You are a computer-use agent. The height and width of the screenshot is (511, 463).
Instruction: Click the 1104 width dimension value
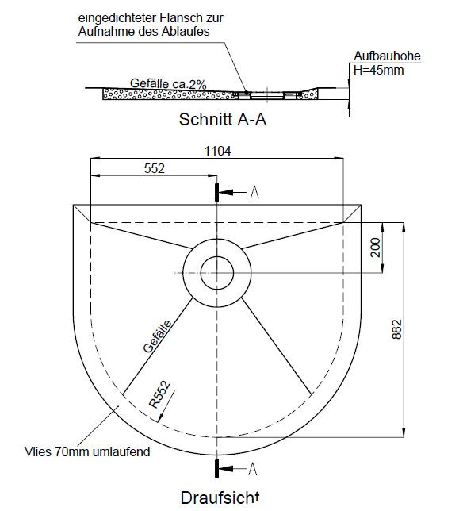pyautogui.click(x=217, y=151)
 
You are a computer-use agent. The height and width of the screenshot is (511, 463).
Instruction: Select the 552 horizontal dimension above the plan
pyautogui.click(x=155, y=168)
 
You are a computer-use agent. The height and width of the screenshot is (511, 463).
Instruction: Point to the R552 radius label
pyautogui.click(x=159, y=394)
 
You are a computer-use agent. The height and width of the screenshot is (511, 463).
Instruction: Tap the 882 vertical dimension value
pyautogui.click(x=396, y=329)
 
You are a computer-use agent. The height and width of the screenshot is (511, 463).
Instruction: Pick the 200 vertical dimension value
pyautogui.click(x=376, y=248)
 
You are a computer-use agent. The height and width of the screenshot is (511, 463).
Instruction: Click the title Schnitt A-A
pyautogui.click(x=223, y=119)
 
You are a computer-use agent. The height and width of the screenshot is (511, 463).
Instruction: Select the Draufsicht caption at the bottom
pyautogui.click(x=220, y=498)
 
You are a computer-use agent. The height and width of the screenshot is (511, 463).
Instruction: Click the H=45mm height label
pyautogui.click(x=379, y=70)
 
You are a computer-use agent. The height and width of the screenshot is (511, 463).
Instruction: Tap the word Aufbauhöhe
pyautogui.click(x=387, y=56)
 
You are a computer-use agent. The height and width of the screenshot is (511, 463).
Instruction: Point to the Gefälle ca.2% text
pyautogui.click(x=168, y=84)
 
